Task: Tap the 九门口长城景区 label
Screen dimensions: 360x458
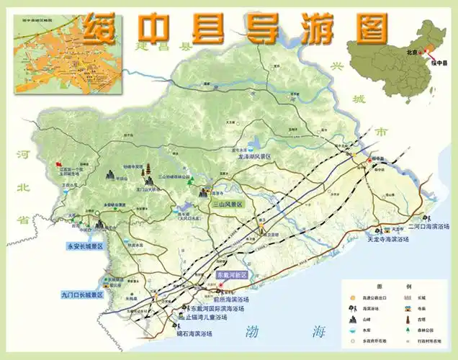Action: click(83, 294)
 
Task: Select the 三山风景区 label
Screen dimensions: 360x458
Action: click(228, 204)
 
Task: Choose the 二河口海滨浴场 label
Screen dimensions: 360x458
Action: click(428, 225)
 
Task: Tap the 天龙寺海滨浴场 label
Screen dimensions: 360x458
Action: click(393, 238)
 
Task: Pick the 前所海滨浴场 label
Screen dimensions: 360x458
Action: click(231, 299)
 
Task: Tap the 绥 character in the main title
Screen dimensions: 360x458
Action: click(100, 28)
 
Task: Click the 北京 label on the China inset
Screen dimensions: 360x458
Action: click(412, 52)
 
